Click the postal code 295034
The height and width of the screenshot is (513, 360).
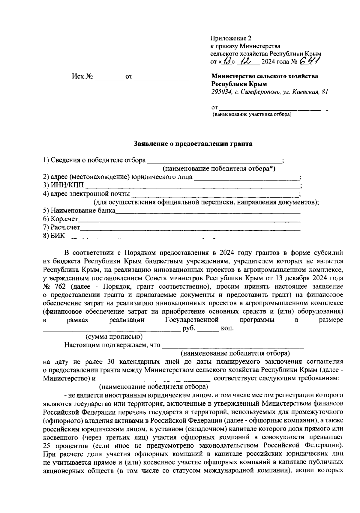click(221, 92)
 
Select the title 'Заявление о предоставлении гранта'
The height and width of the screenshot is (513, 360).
click(193, 144)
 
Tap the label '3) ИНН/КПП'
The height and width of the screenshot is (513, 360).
click(64, 185)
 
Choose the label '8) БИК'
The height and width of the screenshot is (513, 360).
click(54, 236)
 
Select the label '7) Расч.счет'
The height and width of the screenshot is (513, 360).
click(61, 228)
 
